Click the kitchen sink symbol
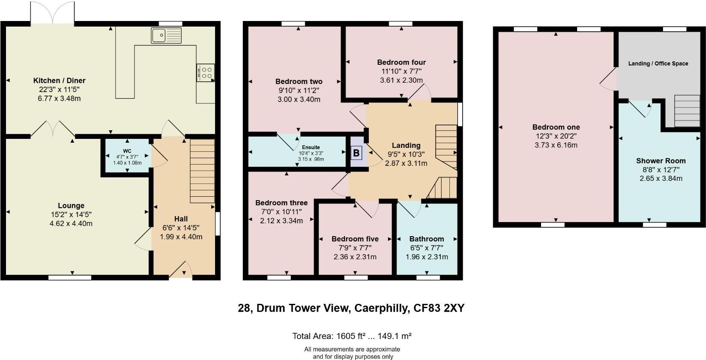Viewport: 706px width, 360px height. tap(166, 35)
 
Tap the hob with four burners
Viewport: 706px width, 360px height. tap(205, 72)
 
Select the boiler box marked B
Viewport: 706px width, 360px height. tap(356, 153)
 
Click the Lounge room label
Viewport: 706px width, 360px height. tap(71, 206)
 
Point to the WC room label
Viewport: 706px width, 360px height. tap(127, 151)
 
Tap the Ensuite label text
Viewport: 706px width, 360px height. tap(311, 147)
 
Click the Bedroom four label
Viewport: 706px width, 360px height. tap(401, 62)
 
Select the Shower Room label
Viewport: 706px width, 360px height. tap(661, 161)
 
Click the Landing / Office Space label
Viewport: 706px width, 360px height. tap(658, 63)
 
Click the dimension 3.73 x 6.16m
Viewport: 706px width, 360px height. tap(556, 145)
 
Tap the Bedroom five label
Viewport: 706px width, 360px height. tap(355, 239)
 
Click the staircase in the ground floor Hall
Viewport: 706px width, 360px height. tap(202, 171)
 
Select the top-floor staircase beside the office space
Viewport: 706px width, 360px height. tap(687, 111)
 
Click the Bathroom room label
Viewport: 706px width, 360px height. tap(427, 239)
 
